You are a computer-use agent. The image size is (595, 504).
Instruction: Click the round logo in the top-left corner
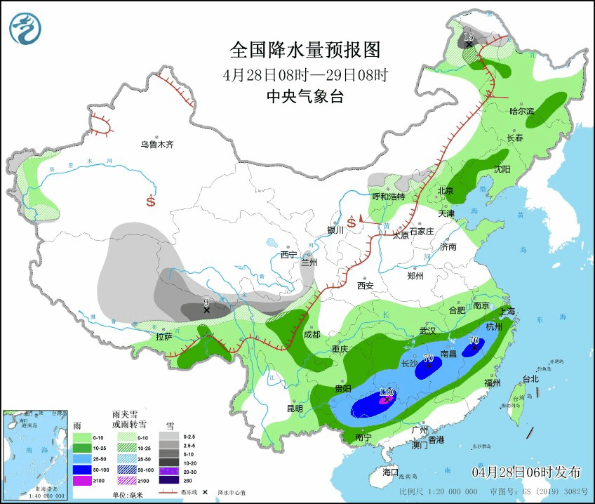point(25,28)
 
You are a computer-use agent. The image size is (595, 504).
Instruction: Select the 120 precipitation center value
point(387,393)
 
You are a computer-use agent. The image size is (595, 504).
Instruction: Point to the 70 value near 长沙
point(428,359)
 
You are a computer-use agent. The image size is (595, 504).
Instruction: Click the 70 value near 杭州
point(474,341)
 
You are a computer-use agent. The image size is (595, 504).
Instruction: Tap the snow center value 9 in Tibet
point(206,303)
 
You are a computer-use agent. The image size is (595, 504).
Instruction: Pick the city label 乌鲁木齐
point(156,145)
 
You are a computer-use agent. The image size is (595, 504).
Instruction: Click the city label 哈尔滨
point(521,111)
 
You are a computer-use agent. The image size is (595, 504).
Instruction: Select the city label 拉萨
point(163,338)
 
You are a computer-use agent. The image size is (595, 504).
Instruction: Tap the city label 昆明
point(294,409)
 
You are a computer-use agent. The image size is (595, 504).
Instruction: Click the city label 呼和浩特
point(388,197)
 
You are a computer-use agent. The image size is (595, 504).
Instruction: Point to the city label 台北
point(530,379)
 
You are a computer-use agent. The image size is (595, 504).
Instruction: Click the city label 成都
point(312,334)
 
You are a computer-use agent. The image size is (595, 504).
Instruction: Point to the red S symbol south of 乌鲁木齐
point(151,201)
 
